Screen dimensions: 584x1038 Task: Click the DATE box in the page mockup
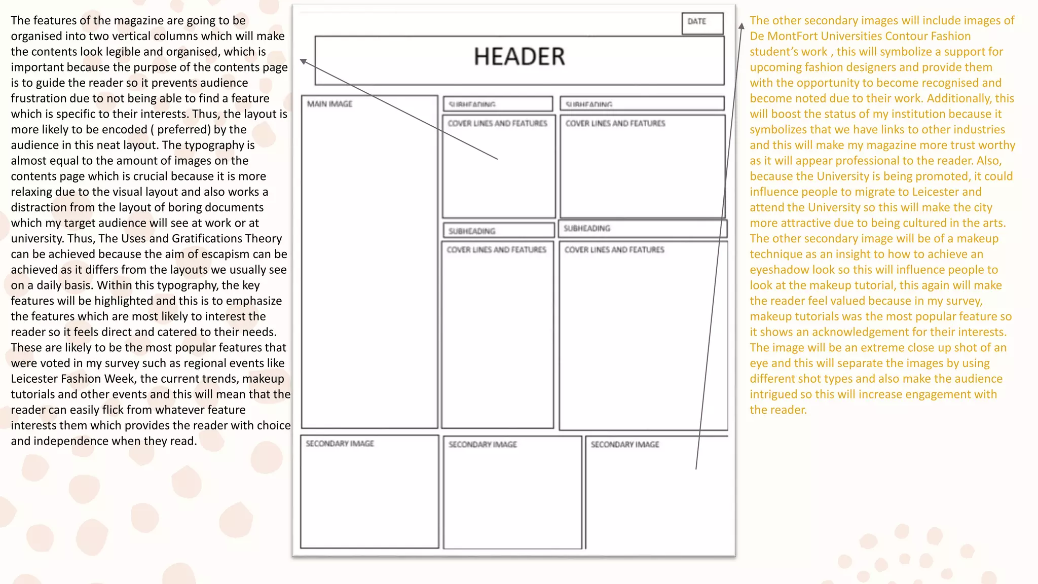(x=702, y=23)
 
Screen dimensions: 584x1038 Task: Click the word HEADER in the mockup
(x=520, y=56)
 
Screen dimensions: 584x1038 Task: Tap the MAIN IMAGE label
(x=329, y=104)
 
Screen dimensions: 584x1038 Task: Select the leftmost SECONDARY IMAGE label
(x=340, y=444)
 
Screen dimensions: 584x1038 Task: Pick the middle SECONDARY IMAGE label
(x=483, y=445)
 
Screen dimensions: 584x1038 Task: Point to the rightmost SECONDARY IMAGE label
(x=625, y=445)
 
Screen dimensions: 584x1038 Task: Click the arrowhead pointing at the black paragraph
(x=303, y=61)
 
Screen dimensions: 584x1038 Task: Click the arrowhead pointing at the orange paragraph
(x=741, y=25)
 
